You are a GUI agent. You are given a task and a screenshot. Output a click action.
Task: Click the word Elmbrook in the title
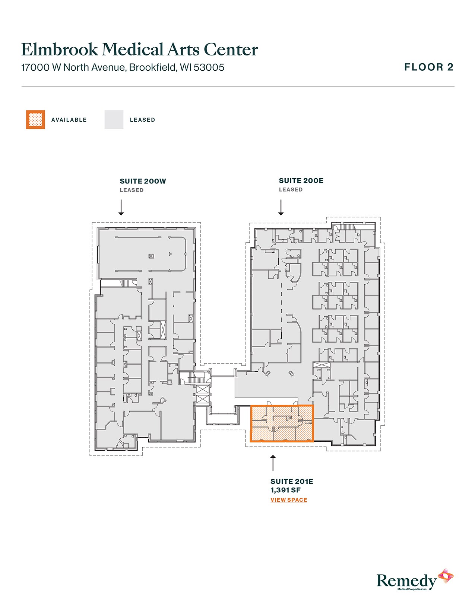[x=60, y=49]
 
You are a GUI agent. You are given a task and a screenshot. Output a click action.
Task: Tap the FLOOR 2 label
[x=429, y=67]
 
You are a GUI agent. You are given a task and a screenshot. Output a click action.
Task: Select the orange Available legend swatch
[x=35, y=119]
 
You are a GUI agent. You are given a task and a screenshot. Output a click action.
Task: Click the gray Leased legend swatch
[x=114, y=119]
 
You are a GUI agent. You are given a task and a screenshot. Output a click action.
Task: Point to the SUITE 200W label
[x=143, y=181]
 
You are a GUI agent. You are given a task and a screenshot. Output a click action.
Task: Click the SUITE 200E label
[x=301, y=181]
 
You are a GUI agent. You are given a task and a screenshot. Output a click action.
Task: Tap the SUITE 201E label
[x=292, y=482]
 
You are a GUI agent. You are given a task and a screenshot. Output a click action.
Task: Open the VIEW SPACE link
[x=289, y=500]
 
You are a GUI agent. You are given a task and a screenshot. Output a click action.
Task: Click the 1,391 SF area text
[x=285, y=490]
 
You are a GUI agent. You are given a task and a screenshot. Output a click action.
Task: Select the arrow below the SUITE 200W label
[x=121, y=207]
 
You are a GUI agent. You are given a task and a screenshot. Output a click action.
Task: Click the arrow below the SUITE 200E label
[x=281, y=207]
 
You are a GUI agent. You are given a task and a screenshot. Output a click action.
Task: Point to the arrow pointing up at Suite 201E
[x=273, y=463]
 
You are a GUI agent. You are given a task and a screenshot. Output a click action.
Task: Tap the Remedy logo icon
[x=445, y=576]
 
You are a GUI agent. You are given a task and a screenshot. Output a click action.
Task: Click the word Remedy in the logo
[x=406, y=581]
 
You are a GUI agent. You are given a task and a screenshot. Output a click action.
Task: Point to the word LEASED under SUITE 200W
[x=132, y=190]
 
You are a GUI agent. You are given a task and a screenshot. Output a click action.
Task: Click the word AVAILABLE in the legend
[x=69, y=120]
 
